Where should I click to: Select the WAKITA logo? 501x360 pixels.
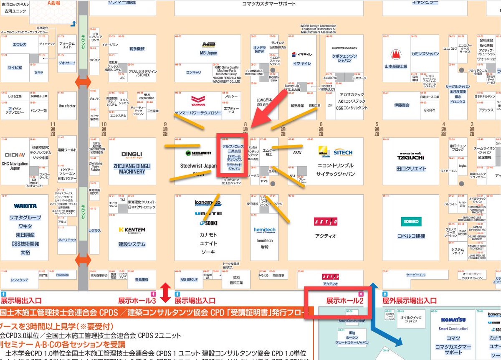(x=25, y=206)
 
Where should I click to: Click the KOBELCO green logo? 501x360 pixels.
(x=411, y=222)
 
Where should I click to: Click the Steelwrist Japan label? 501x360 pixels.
(x=198, y=166)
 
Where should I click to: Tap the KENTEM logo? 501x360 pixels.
(x=132, y=230)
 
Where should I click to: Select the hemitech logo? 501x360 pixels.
(x=264, y=230)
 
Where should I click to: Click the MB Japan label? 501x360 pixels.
(x=209, y=53)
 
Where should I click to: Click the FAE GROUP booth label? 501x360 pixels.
(x=189, y=279)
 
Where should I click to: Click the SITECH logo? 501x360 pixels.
(x=343, y=152)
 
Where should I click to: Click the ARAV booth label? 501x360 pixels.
(x=297, y=153)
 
